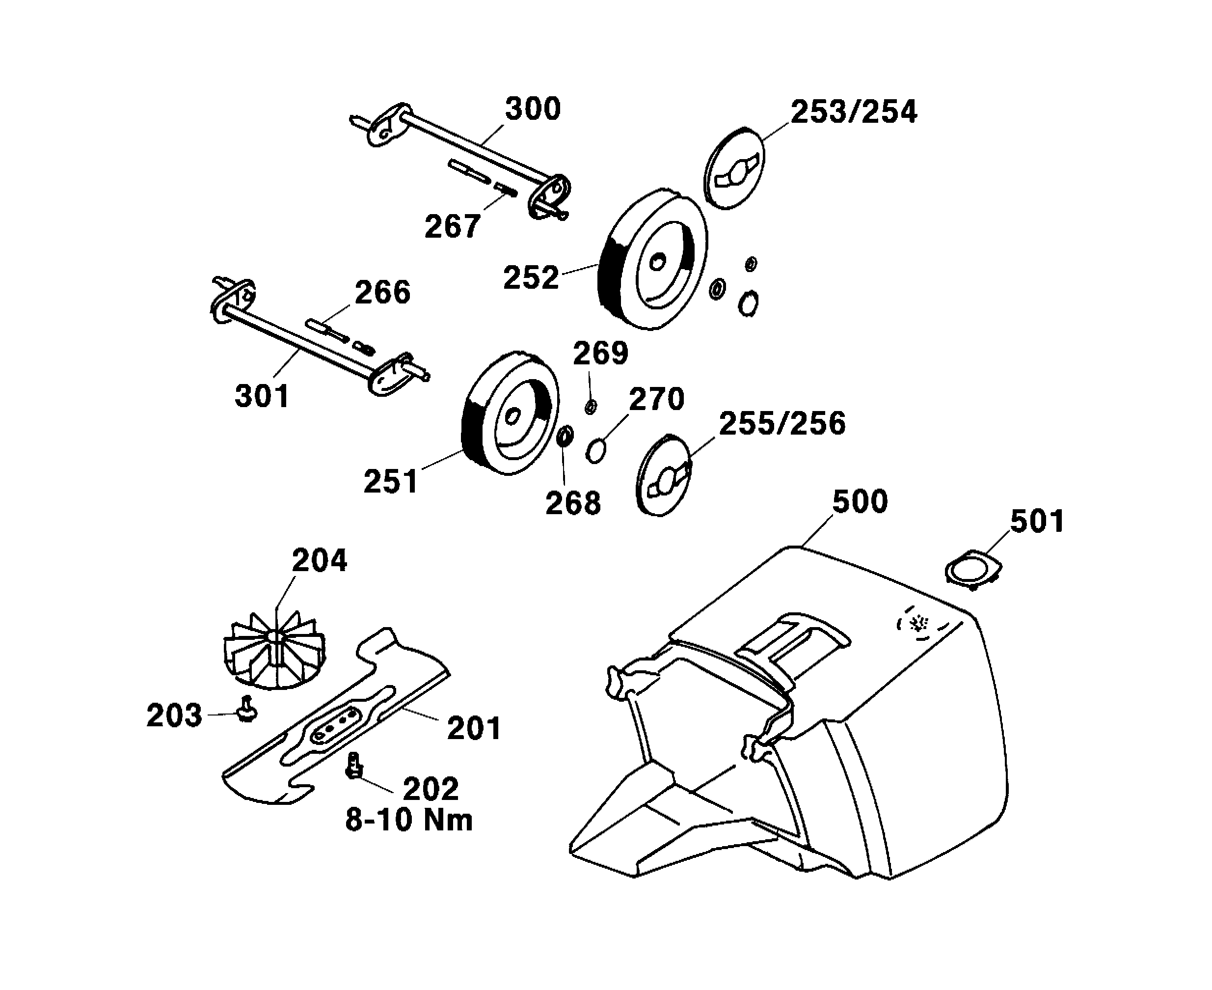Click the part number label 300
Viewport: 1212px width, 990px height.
[533, 109]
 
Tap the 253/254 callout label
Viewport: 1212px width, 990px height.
[854, 112]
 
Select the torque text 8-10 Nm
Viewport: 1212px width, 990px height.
[409, 820]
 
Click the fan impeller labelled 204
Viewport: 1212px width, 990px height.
[275, 653]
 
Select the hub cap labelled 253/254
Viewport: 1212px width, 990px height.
[734, 167]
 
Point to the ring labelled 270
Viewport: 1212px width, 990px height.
[595, 451]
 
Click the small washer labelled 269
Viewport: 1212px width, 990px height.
[591, 407]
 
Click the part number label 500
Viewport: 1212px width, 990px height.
[860, 502]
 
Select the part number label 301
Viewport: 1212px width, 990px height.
[262, 396]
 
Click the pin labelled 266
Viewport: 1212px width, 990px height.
[326, 330]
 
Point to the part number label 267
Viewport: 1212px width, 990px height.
[452, 226]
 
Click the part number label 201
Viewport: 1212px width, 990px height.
[474, 728]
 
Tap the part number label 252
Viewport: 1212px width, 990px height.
[531, 278]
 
